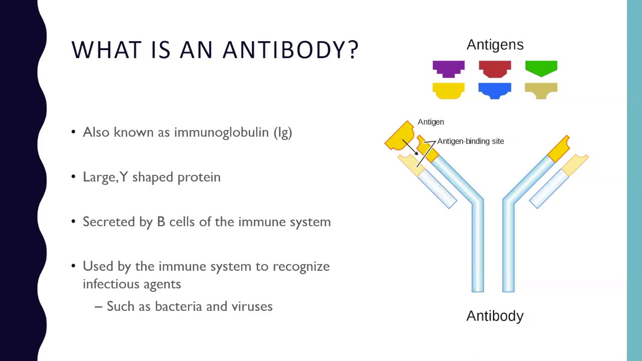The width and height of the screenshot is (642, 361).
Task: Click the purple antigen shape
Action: pos(448,69)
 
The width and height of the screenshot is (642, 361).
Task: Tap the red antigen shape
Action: pos(495,69)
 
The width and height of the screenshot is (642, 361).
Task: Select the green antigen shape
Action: pos(541,68)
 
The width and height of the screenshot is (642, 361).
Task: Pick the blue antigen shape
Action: pos(495,90)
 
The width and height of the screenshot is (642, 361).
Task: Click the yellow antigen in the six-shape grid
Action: pos(448,91)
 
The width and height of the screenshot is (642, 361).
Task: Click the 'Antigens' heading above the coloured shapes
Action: pos(495,45)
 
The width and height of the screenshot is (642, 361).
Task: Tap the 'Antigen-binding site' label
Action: pos(470,141)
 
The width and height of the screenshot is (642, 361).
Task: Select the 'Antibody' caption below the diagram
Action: pos(495,316)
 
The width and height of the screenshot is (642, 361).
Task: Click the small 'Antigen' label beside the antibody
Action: pos(430,122)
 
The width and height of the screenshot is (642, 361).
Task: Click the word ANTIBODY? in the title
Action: pos(290,50)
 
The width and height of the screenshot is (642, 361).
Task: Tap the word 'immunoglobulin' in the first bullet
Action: pos(221,132)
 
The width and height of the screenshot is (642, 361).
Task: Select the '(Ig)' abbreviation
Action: pos(283,133)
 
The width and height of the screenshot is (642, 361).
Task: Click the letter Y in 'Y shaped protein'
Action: pos(124,177)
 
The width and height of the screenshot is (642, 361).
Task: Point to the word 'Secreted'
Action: pos(109,222)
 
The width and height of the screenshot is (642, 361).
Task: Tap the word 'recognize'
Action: pos(301,267)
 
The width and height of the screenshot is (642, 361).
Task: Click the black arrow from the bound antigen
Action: pos(410,147)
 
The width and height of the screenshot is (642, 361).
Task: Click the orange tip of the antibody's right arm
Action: pos(559,148)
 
